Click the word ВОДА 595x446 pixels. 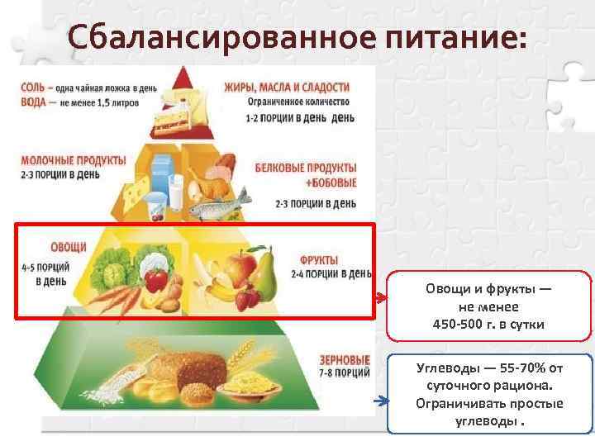pyautogui.click(x=35, y=101)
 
